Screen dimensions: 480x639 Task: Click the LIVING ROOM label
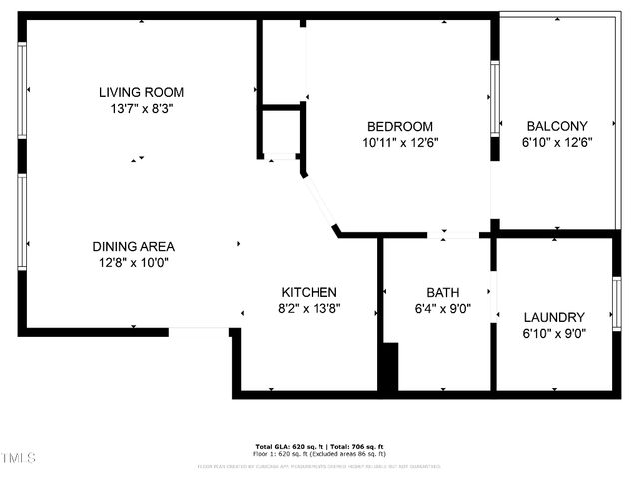pos(141,93)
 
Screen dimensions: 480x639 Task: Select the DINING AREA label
pos(134,247)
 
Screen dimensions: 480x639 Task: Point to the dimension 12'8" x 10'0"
pos(134,263)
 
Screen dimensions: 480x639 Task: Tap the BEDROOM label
pos(400,126)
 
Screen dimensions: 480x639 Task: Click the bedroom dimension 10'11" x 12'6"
pos(400,142)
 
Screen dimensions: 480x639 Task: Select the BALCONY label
pos(556,126)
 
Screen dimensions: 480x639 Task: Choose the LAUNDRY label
pos(554,317)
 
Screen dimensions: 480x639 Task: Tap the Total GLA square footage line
pos(319,446)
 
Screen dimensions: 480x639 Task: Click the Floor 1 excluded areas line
pos(319,453)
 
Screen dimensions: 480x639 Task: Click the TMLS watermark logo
pos(19,459)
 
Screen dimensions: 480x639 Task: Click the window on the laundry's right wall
pos(616,304)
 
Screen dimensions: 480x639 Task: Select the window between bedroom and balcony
pos(493,98)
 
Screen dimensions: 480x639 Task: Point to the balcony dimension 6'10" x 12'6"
pos(556,142)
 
